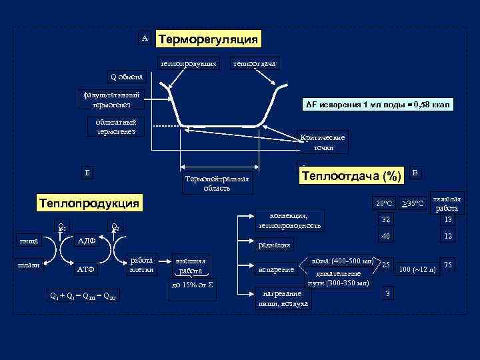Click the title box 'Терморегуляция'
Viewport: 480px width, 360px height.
tap(207, 39)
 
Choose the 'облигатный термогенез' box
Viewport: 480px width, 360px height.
tap(115, 127)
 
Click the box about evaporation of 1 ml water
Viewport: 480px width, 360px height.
tap(378, 105)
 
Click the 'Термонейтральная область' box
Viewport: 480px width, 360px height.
tap(217, 183)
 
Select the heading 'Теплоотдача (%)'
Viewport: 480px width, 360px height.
tap(351, 176)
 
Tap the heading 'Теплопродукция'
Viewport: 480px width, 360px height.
tap(89, 203)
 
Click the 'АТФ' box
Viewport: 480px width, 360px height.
tap(87, 271)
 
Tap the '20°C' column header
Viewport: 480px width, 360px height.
tap(384, 203)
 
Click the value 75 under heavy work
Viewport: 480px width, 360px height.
tap(449, 265)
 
